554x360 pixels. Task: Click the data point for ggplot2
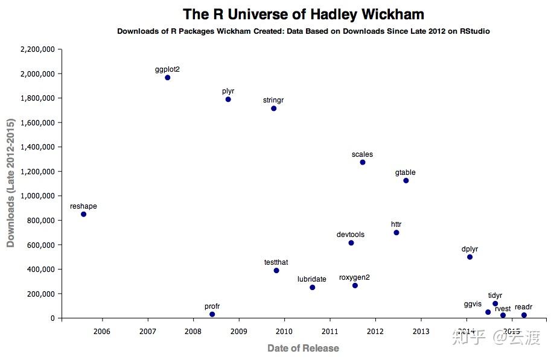point(167,78)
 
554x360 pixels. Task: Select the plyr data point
point(228,99)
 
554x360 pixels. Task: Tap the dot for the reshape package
point(83,214)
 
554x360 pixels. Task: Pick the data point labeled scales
point(363,162)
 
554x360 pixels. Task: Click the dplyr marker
point(470,257)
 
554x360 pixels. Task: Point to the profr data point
point(212,314)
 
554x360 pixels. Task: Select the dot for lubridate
point(312,288)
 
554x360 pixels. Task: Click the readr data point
point(524,315)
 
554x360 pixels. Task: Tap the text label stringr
point(273,100)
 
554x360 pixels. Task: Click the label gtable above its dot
point(406,172)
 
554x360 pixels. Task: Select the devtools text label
point(351,235)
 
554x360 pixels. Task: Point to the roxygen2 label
point(354,277)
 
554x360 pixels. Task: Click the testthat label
point(276,262)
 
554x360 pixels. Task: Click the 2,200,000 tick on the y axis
point(38,49)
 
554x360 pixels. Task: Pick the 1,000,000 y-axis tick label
point(38,196)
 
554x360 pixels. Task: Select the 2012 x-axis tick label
point(375,331)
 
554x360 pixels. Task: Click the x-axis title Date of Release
point(303,348)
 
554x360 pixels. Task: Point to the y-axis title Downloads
point(10,183)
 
